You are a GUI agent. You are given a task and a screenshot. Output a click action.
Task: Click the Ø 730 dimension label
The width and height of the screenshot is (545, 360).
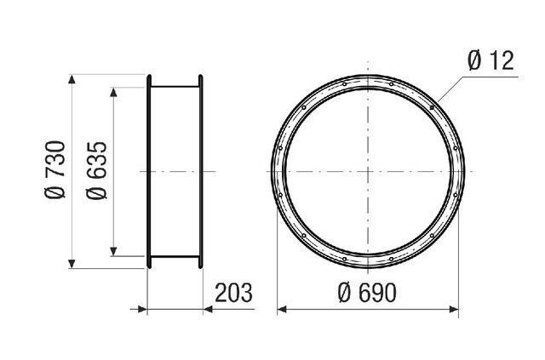click(54, 169)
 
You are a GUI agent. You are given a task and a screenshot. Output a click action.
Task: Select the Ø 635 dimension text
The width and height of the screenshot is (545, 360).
click(96, 170)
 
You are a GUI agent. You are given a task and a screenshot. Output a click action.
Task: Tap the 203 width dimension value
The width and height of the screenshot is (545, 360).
click(233, 293)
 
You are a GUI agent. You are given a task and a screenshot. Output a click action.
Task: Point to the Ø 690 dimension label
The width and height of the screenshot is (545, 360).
click(367, 293)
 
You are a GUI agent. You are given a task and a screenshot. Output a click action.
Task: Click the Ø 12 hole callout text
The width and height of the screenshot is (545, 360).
click(490, 60)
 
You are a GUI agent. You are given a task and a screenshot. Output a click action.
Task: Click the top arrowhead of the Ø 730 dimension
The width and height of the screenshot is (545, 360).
click(72, 79)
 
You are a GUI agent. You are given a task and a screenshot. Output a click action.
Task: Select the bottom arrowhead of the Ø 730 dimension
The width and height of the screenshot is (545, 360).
click(72, 264)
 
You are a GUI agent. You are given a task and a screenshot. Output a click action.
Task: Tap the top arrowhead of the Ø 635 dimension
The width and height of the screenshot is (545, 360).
click(113, 92)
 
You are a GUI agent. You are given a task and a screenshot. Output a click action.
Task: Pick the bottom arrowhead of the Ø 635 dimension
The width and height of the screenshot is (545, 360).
click(113, 252)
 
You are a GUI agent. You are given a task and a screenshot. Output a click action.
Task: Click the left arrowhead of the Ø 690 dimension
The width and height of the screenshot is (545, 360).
click(282, 309)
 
